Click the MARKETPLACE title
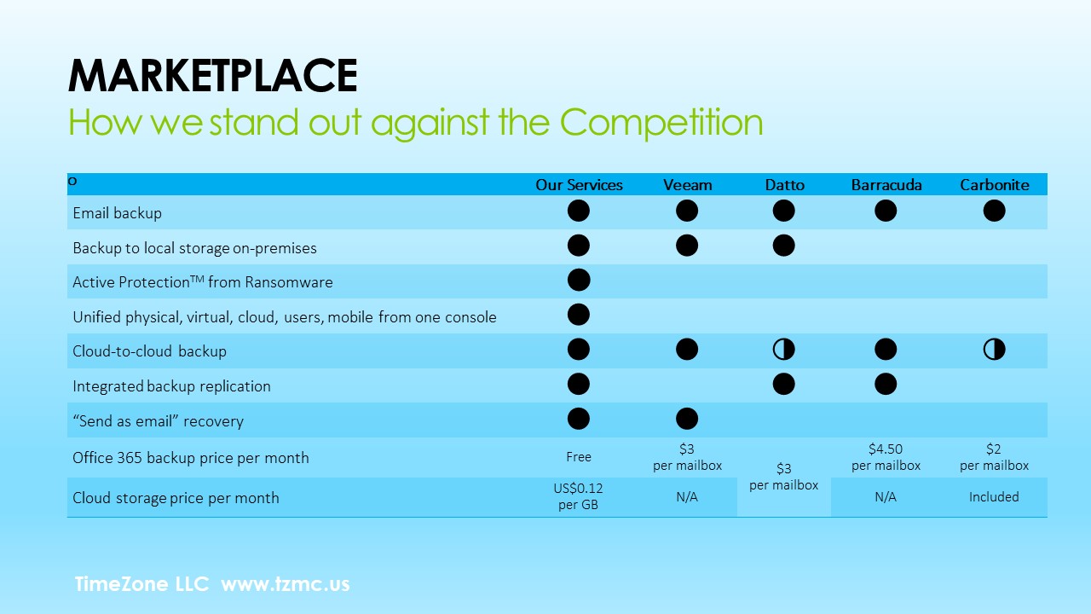pos(213,75)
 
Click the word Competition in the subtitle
pos(661,123)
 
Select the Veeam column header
pos(687,185)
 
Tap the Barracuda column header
pos(886,185)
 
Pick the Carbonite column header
pos(995,185)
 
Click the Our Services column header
pos(579,185)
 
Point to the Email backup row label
pos(117,213)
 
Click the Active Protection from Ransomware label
pos(203,282)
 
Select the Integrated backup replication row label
pos(171,386)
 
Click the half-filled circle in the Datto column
pos(783,350)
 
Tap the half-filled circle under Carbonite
pos(994,350)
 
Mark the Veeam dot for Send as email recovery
pos(687,419)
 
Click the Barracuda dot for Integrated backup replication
pos(886,384)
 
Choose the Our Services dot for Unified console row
pos(579,315)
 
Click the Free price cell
pos(579,457)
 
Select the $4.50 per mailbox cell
pos(886,457)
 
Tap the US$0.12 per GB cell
pos(578,496)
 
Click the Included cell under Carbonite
pos(994,497)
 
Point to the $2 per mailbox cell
pos(994,457)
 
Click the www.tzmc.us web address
pos(286,584)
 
